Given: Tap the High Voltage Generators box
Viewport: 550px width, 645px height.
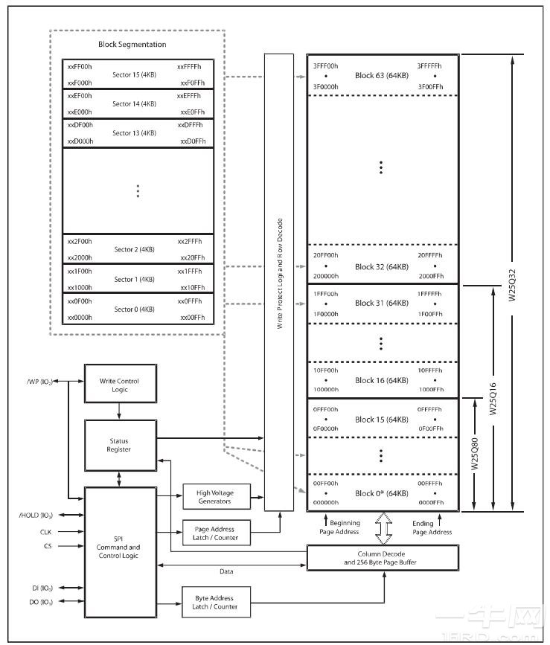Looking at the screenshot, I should (214, 496).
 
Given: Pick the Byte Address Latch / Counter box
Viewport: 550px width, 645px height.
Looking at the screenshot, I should (214, 602).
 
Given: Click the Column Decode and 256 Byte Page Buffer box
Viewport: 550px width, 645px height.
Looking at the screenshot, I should (382, 558).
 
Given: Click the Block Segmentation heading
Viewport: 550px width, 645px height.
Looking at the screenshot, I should (132, 45).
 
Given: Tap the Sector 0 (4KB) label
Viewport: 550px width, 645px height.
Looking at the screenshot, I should (134, 309).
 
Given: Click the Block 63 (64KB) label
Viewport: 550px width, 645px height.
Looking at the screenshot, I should (381, 76).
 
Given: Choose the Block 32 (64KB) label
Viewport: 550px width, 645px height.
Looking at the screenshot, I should (381, 266).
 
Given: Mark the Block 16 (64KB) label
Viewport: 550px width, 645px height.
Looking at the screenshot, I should (381, 380).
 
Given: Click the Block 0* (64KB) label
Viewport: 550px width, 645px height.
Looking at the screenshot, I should (381, 493).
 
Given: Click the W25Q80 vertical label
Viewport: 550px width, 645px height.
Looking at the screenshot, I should (474, 455).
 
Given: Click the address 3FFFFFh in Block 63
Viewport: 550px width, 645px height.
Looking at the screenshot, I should (429, 66).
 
